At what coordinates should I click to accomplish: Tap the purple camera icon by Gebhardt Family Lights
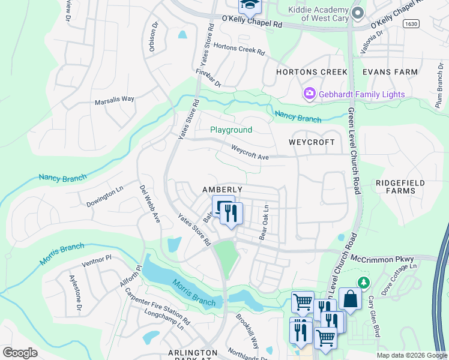click(x=310, y=94)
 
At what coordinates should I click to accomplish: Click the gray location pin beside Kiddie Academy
click(x=358, y=13)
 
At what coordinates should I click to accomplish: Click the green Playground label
click(x=231, y=130)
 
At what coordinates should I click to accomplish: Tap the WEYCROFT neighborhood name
click(x=312, y=142)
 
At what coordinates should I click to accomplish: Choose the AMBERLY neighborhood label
click(x=222, y=190)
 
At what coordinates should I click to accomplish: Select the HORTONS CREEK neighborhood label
click(x=312, y=72)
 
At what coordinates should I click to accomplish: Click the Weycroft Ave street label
click(x=250, y=152)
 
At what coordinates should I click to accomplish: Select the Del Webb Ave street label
click(x=149, y=204)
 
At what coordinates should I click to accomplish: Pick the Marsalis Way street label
click(x=115, y=100)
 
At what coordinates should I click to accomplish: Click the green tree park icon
click(x=363, y=282)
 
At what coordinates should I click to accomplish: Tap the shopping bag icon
click(x=350, y=298)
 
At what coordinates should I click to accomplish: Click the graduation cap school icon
click(x=249, y=5)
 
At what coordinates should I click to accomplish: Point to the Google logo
click(x=20, y=353)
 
